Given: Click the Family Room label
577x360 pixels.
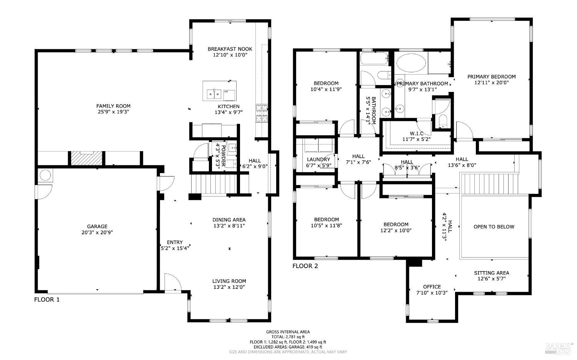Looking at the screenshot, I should pyautogui.click(x=113, y=106).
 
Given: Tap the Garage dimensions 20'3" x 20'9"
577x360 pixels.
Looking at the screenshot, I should pyautogui.click(x=97, y=232).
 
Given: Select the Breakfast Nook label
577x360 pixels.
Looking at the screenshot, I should pyautogui.click(x=230, y=49).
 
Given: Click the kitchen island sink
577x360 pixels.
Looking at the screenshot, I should pyautogui.click(x=214, y=93).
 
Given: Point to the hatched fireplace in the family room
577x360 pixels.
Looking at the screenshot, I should pyautogui.click(x=86, y=158).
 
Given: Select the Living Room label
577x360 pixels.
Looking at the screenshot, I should pyautogui.click(x=229, y=281).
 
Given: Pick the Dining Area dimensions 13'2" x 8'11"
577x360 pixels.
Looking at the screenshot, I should pyautogui.click(x=229, y=226).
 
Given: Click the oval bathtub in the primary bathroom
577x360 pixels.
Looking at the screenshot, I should pyautogui.click(x=411, y=63).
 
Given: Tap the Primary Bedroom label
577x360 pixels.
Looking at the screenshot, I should pyautogui.click(x=491, y=77).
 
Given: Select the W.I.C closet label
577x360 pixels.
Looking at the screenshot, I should pyautogui.click(x=416, y=133).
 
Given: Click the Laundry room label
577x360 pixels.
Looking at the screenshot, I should pyautogui.click(x=319, y=159).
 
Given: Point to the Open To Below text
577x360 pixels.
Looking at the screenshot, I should pyautogui.click(x=494, y=227).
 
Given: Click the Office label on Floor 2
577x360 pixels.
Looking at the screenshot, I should pyautogui.click(x=432, y=287).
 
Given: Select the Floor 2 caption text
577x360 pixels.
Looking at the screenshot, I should pyautogui.click(x=305, y=266).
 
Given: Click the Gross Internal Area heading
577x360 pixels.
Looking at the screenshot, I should pyautogui.click(x=288, y=332).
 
